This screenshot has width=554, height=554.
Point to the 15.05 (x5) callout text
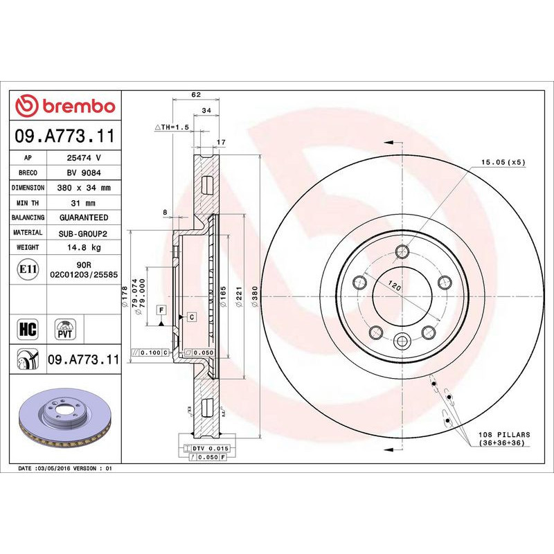[x=503, y=162]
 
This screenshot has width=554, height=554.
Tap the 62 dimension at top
[x=196, y=95]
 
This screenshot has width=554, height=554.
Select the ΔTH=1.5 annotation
[x=171, y=127]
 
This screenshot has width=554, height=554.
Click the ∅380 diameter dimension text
[x=255, y=296]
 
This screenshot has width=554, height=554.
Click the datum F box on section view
[x=160, y=310]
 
